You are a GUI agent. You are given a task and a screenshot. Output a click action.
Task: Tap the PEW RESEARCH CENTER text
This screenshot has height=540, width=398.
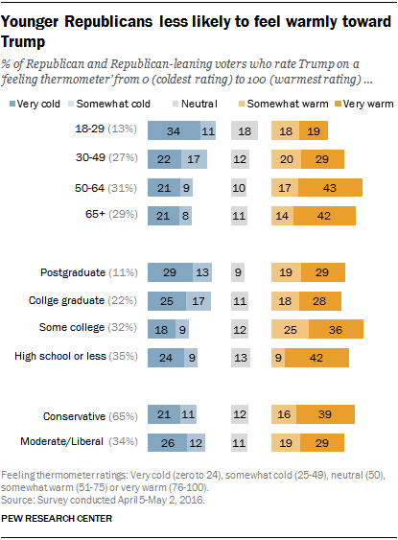[58, 519]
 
